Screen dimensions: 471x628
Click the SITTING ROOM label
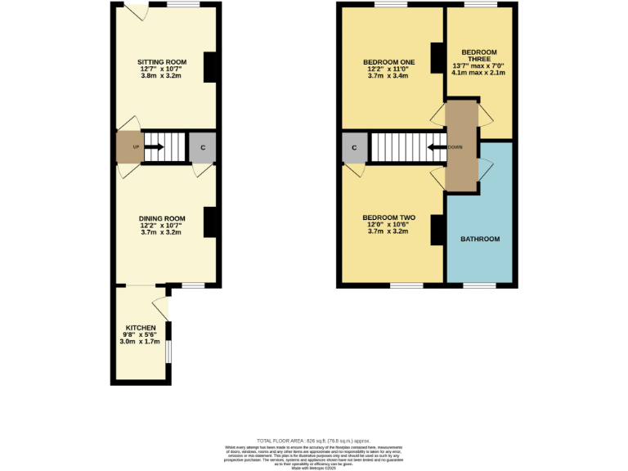click(161, 62)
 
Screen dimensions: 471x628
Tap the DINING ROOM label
click(161, 218)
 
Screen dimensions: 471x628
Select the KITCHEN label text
click(140, 327)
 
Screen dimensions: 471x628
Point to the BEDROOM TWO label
click(388, 218)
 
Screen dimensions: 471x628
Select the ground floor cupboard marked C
click(202, 148)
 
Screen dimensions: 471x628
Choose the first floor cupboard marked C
click(354, 148)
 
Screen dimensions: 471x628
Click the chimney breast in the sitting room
click(210, 67)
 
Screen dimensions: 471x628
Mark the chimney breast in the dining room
click(210, 222)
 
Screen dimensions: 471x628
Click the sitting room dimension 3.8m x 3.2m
click(161, 76)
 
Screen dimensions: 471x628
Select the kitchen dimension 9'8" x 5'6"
click(140, 334)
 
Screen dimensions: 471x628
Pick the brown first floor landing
click(461, 147)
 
